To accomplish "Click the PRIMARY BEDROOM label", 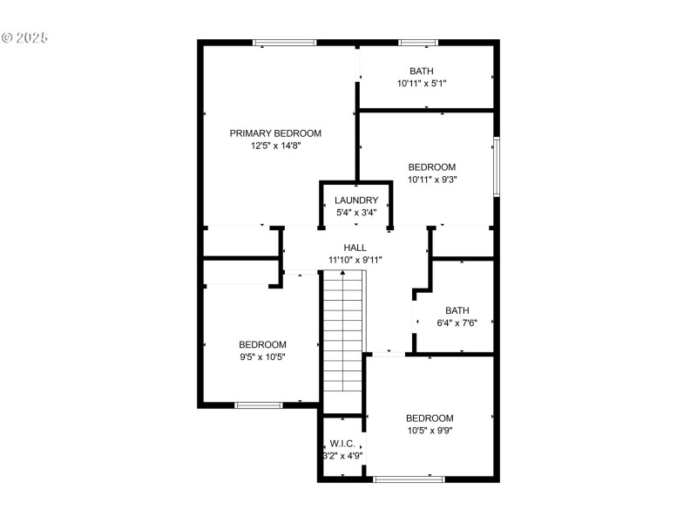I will pyautogui.click(x=275, y=133).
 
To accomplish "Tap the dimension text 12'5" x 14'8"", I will pyautogui.click(x=275, y=146).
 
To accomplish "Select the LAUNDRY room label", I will pyautogui.click(x=355, y=200).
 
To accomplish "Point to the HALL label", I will pyautogui.click(x=355, y=248).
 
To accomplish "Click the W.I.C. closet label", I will pyautogui.click(x=342, y=444).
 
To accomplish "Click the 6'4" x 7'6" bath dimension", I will pyautogui.click(x=457, y=323).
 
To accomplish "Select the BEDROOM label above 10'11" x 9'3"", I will pyautogui.click(x=432, y=167).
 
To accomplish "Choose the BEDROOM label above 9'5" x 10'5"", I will pyautogui.click(x=262, y=344).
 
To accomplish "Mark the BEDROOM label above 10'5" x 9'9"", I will pyautogui.click(x=429, y=418).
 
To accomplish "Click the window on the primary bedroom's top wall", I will pyautogui.click(x=284, y=42).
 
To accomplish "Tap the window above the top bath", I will pyautogui.click(x=418, y=42).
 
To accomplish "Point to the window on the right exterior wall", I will pyautogui.click(x=497, y=166).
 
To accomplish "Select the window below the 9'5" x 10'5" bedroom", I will pyautogui.click(x=259, y=404).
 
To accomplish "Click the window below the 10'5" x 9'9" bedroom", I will pyautogui.click(x=409, y=479).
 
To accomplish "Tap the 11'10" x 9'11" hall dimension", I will pyautogui.click(x=355, y=260).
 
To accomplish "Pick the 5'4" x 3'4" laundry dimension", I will pyautogui.click(x=355, y=213).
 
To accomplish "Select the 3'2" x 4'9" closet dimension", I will pyautogui.click(x=343, y=455).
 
